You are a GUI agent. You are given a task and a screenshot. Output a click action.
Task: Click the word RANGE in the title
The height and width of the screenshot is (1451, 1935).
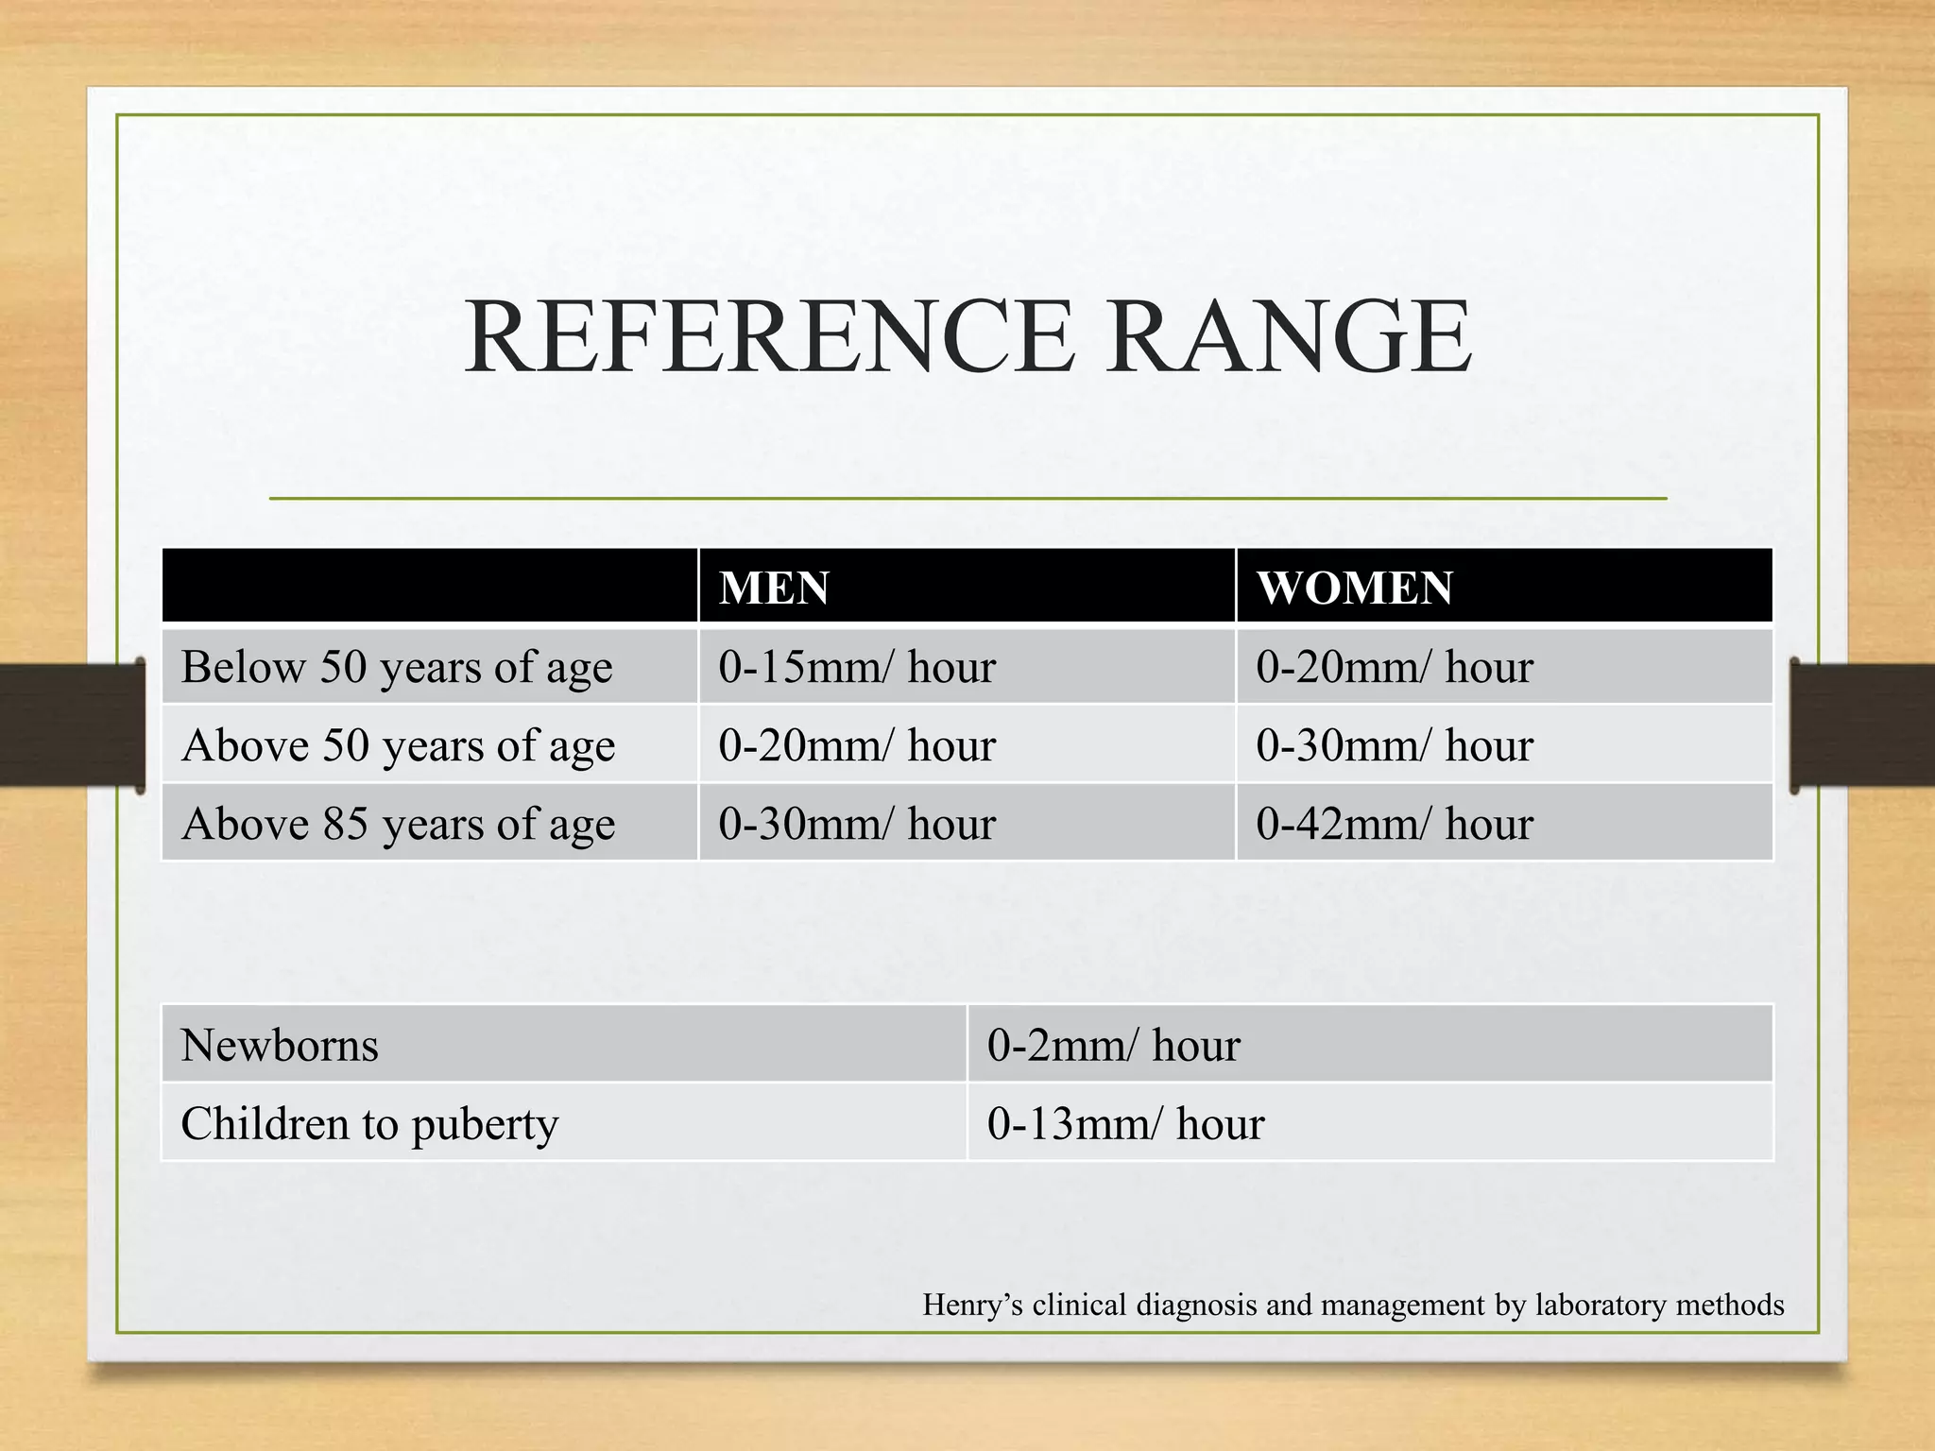[1289, 337]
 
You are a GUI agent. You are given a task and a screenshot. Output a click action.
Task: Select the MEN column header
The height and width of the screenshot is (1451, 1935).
[774, 588]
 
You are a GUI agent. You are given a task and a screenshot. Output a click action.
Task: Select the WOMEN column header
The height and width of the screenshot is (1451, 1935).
[1354, 588]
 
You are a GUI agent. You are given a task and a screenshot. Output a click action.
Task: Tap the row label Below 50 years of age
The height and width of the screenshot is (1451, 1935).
[397, 667]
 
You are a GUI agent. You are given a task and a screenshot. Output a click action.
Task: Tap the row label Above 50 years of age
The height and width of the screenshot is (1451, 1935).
[398, 745]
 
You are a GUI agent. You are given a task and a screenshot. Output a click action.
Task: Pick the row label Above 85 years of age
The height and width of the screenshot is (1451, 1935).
[398, 824]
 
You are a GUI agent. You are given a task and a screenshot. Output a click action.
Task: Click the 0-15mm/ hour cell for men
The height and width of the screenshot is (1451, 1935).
[856, 667]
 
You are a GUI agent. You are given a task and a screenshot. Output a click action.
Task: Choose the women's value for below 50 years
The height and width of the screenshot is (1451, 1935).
[1394, 667]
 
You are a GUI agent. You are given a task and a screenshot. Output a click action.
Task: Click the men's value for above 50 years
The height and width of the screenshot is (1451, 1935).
[856, 745]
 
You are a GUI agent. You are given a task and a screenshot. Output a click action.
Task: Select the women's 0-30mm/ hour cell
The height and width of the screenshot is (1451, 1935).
[1394, 745]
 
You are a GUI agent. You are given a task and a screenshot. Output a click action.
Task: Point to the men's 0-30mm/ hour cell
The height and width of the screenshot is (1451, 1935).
[856, 824]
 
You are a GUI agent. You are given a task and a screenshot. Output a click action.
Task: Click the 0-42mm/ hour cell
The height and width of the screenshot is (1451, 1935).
[1394, 824]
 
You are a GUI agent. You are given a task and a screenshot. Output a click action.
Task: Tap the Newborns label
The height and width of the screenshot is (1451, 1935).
[280, 1046]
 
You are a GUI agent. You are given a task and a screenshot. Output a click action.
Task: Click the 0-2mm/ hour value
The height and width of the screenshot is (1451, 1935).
[1113, 1046]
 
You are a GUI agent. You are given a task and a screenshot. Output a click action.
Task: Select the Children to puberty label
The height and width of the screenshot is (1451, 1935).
[369, 1124]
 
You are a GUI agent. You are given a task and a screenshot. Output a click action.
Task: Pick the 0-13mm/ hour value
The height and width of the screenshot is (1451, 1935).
[1125, 1124]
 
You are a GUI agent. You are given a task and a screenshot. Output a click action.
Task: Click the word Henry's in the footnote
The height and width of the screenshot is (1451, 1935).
[972, 1306]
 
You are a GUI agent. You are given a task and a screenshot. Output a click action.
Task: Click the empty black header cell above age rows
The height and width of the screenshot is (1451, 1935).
[430, 586]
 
